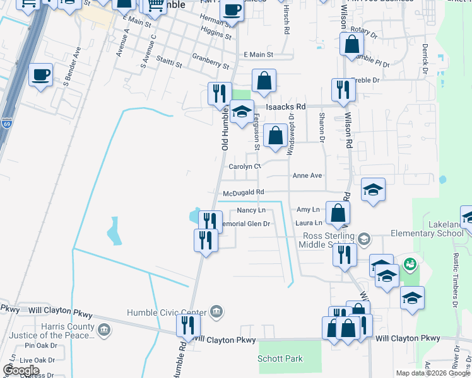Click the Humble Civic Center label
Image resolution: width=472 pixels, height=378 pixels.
167,312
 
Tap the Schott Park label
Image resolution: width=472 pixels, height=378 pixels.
280,359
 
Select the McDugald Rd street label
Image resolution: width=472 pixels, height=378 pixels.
242,192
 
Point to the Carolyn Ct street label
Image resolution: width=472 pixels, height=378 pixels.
245,167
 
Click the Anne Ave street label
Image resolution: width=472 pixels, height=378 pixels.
307,176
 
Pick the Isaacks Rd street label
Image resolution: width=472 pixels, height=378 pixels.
285,107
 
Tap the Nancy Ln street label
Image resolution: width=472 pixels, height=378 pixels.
251,210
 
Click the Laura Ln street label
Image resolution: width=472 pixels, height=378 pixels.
309,222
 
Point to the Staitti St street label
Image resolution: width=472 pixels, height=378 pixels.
170,64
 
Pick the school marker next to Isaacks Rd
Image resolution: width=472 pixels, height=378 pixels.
241,112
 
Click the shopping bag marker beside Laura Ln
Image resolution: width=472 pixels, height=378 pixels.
338,213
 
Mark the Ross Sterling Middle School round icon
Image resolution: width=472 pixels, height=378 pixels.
363,239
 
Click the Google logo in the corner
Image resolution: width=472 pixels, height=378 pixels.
20,370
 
